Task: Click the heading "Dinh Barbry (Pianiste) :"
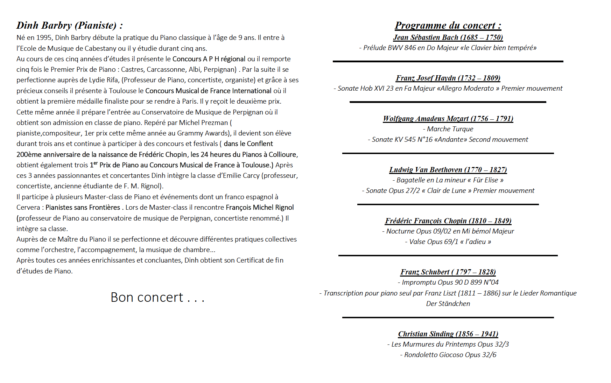click(70, 26)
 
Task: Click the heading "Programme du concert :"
click(448, 26)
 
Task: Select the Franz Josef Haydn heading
click(448, 78)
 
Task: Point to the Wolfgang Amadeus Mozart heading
click(448, 119)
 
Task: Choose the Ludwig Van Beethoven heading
click(448, 170)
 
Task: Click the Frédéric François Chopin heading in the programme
click(448, 221)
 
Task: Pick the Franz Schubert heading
click(448, 272)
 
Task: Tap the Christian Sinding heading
click(448, 334)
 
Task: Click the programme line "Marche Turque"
click(450, 129)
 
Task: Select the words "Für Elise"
click(485, 180)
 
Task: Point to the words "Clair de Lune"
click(446, 191)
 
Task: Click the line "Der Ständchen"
click(448, 304)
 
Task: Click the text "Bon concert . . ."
click(157, 298)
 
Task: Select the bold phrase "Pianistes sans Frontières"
click(83, 208)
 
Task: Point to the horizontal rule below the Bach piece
click(448, 61)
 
